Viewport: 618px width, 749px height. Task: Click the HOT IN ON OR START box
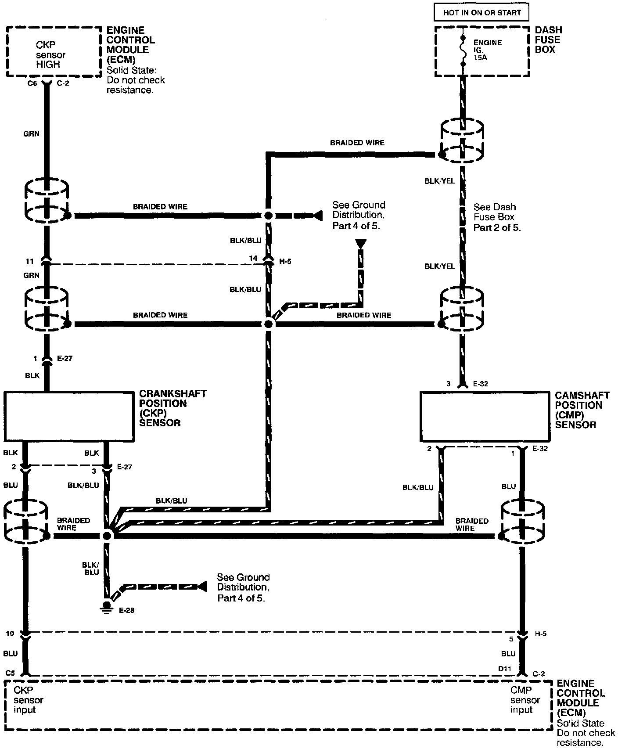pyautogui.click(x=481, y=13)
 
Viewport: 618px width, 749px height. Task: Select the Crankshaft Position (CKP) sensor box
pyautogui.click(x=69, y=416)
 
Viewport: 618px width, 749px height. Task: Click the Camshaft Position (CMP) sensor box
pyautogui.click(x=485, y=416)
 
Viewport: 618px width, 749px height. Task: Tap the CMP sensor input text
pyautogui.click(x=521, y=700)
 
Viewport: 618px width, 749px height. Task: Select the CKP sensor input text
pyautogui.click(x=28, y=700)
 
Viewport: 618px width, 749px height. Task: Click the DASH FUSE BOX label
pyautogui.click(x=548, y=40)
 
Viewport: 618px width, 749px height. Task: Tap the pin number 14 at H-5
pyautogui.click(x=253, y=259)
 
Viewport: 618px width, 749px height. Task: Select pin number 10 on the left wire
pyautogui.click(x=10, y=634)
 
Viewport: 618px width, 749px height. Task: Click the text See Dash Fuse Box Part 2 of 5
pyautogui.click(x=496, y=217)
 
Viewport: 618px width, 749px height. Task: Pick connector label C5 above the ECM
pyautogui.click(x=11, y=672)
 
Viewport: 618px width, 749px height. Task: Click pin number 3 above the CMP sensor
pyautogui.click(x=448, y=384)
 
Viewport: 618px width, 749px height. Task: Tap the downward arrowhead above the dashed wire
pyautogui.click(x=360, y=244)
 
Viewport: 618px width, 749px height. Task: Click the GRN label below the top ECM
pyautogui.click(x=31, y=134)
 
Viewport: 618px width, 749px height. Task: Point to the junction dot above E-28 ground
pyautogui.click(x=107, y=536)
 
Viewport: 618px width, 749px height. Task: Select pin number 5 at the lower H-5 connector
pyautogui.click(x=510, y=639)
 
